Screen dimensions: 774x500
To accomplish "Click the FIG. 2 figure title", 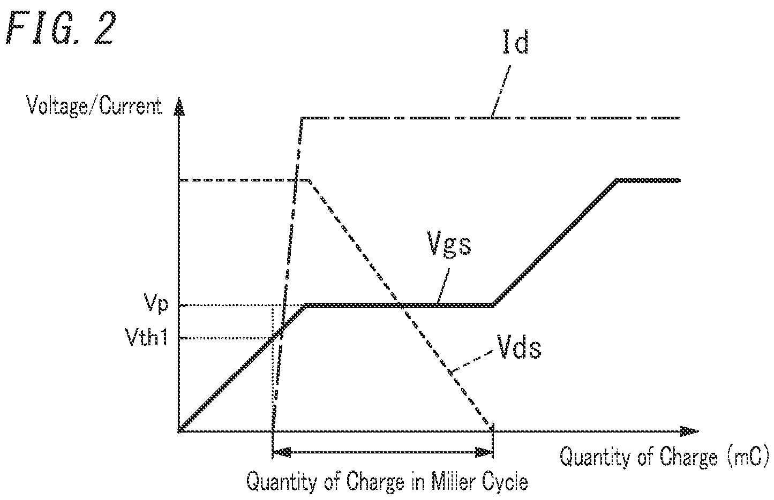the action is pyautogui.click(x=61, y=28).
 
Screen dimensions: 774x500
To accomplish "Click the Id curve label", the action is pyautogui.click(x=515, y=42).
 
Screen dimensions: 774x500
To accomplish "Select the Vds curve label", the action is pyautogui.click(x=519, y=346).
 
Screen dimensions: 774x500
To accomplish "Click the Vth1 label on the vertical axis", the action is pyautogui.click(x=147, y=337).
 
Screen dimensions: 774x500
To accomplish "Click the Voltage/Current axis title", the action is pyautogui.click(x=94, y=107).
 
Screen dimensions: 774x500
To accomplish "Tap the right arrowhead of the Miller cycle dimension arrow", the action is pyautogui.click(x=484, y=452).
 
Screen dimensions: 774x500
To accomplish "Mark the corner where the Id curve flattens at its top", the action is pyautogui.click(x=303, y=118).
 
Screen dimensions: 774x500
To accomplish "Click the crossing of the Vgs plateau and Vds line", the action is pyautogui.click(x=399, y=305).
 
